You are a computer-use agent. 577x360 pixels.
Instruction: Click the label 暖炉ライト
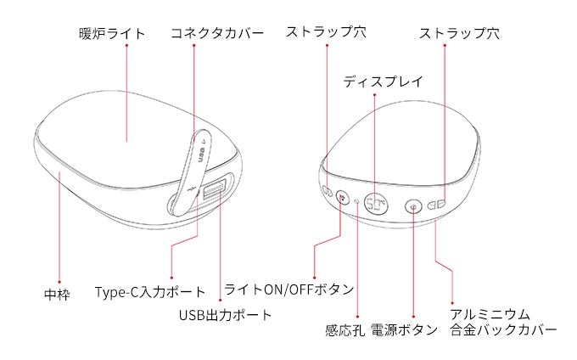(x=112, y=34)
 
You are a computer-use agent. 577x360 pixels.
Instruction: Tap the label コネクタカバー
(x=217, y=33)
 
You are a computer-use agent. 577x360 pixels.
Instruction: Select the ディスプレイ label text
(x=383, y=82)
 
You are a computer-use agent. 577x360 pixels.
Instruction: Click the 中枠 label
(x=57, y=295)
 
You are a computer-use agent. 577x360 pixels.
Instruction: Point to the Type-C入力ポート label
(x=150, y=292)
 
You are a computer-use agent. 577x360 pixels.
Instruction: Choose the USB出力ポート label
(x=225, y=315)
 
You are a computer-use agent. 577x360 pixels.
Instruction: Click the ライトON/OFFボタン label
(x=288, y=290)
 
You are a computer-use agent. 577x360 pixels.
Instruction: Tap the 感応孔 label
(x=345, y=330)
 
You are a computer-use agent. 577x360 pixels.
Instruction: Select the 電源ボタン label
(x=404, y=329)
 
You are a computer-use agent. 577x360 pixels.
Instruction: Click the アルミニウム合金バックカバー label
(x=503, y=322)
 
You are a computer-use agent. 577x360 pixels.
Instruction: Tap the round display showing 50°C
(x=376, y=204)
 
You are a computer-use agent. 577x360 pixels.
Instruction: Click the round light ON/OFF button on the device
(x=343, y=198)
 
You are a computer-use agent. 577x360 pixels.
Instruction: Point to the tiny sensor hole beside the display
(x=357, y=201)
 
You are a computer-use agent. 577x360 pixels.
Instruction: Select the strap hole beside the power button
(x=436, y=205)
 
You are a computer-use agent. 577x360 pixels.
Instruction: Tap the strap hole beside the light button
(x=328, y=191)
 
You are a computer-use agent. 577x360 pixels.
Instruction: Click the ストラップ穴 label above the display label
(x=326, y=32)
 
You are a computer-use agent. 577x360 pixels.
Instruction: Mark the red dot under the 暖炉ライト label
(x=126, y=45)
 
